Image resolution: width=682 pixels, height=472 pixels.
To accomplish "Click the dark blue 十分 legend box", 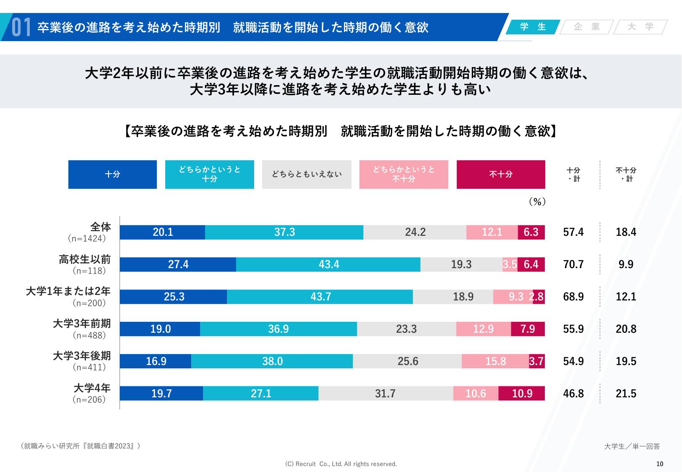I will click(x=112, y=175).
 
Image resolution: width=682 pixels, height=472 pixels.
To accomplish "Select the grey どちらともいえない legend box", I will click(x=307, y=175).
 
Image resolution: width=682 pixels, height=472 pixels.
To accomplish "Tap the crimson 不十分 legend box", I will click(x=501, y=175).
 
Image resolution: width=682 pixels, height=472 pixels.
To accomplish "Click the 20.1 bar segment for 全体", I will click(x=162, y=232).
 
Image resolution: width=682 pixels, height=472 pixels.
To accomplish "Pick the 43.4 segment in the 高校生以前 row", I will click(x=328, y=265).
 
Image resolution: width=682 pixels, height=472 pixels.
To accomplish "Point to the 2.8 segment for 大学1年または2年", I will click(x=539, y=297).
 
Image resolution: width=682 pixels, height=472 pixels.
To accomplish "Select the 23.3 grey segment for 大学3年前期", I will click(x=406, y=329).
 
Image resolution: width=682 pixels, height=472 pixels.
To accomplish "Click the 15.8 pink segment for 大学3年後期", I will click(x=495, y=362).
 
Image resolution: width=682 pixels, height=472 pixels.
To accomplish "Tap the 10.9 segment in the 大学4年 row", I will click(x=522, y=394).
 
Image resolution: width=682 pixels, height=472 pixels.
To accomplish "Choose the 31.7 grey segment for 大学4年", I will click(x=385, y=394).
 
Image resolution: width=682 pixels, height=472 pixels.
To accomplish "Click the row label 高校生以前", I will click(x=85, y=260).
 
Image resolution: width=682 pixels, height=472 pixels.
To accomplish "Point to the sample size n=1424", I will click(x=87, y=239).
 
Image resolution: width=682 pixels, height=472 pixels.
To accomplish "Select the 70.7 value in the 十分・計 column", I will click(x=573, y=265).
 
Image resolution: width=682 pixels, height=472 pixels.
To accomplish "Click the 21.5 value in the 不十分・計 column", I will click(x=626, y=394).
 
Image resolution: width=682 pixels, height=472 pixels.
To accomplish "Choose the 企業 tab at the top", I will click(x=587, y=27).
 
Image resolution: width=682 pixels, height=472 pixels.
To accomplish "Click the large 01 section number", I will click(x=21, y=28).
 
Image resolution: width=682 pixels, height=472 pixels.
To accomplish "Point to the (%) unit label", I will click(x=537, y=202).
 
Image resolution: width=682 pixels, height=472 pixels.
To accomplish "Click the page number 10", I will click(x=659, y=464).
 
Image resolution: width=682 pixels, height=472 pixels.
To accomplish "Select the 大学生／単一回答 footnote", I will click(x=632, y=446).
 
